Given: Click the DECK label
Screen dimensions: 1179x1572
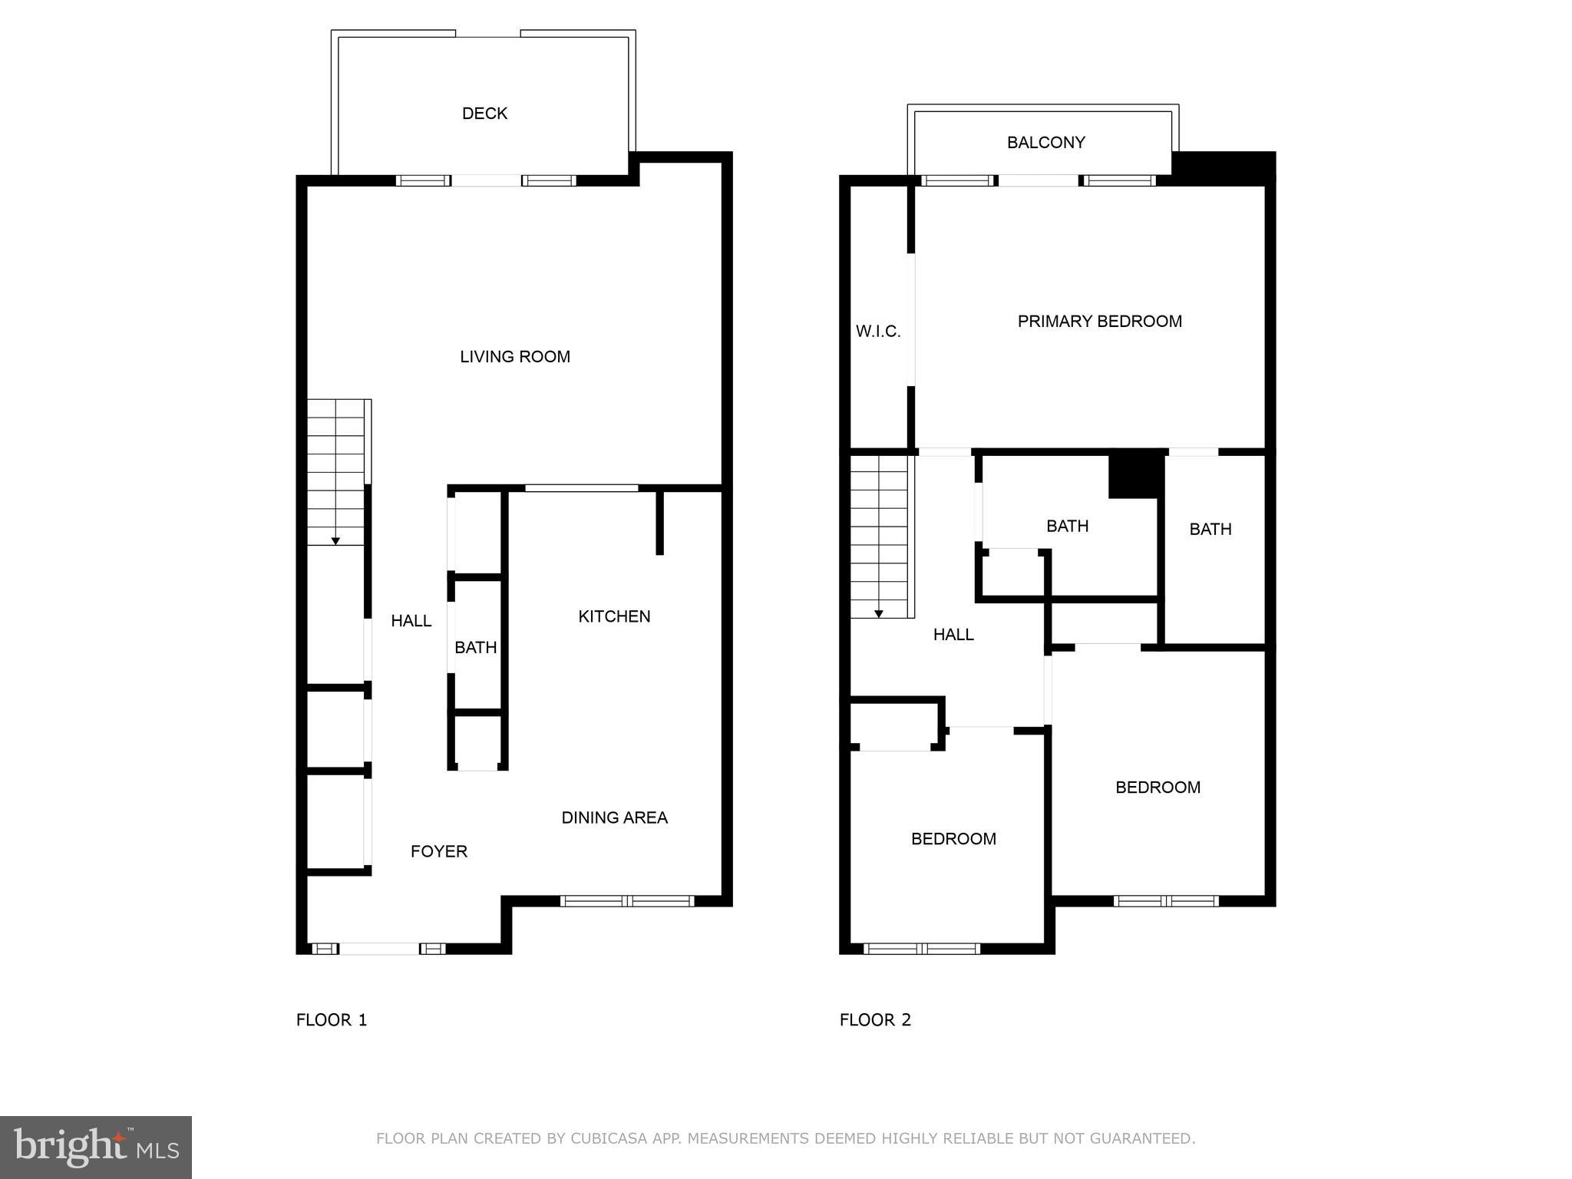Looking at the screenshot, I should pos(484,114).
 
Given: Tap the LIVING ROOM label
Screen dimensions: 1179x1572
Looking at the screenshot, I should pos(515,357).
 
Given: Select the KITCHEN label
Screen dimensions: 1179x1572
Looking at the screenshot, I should pos(614,616).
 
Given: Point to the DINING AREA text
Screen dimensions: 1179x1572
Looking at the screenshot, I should pos(614,818).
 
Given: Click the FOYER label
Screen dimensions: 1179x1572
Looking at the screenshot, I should pos(439,851).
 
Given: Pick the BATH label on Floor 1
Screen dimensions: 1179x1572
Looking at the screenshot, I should pos(476,648).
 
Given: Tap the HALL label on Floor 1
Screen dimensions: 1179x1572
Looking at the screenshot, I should pos(411,621).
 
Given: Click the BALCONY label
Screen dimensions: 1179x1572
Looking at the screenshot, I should pos(1045,143).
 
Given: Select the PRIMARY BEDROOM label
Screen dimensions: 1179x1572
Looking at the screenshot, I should pos(1099,322).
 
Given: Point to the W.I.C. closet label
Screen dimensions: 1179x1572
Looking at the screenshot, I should pos(878,332).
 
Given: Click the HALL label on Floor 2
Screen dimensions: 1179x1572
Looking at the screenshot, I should pos(953,635).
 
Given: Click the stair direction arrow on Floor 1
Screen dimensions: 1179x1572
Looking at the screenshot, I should pos(335,541).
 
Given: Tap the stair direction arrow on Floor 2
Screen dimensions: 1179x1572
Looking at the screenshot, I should pos(879,613).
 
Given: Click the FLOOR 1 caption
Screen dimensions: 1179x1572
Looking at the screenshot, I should pos(332,1020).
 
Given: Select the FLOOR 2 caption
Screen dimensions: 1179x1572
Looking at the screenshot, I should pos(875,1020).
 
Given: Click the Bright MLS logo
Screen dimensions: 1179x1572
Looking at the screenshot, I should pos(96,1147).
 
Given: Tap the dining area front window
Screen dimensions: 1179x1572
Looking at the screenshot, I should pos(627,901).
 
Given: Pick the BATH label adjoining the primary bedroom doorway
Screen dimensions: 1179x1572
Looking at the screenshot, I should pos(1210,530).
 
